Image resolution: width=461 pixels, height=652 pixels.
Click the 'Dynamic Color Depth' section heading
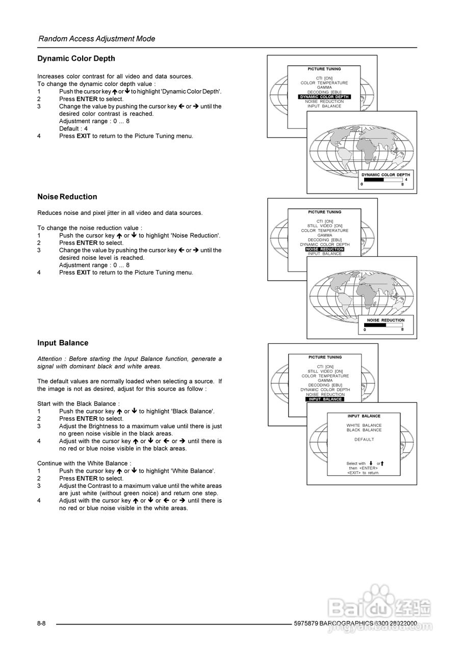[76, 59]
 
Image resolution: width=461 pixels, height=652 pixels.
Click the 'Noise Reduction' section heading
[67, 197]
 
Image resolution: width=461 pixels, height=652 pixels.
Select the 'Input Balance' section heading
[63, 343]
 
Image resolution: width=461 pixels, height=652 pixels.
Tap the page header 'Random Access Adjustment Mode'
[97, 39]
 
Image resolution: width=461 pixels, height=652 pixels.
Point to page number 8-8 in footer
[41, 623]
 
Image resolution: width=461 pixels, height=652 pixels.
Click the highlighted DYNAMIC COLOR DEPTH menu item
[324, 97]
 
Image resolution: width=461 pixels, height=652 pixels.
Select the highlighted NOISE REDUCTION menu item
[325, 249]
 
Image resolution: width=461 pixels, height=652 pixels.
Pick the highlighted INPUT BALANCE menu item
[325, 399]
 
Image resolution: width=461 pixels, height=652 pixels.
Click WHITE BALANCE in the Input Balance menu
[364, 425]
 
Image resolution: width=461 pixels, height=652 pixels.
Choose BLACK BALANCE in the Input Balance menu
[364, 430]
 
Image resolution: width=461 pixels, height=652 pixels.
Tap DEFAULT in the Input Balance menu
[364, 440]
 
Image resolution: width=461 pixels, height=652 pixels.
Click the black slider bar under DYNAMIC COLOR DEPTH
[373, 179]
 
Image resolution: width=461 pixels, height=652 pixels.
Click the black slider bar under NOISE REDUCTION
[375, 325]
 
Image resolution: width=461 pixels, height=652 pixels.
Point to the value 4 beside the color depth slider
[406, 179]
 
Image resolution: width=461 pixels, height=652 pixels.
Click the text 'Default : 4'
[73, 129]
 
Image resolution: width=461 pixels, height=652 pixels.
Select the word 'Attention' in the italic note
[49, 359]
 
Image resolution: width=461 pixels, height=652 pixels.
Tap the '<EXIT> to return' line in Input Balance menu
[363, 473]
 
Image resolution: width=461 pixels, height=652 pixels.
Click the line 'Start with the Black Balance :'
[79, 403]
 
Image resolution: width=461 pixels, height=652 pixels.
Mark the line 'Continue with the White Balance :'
[84, 463]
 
